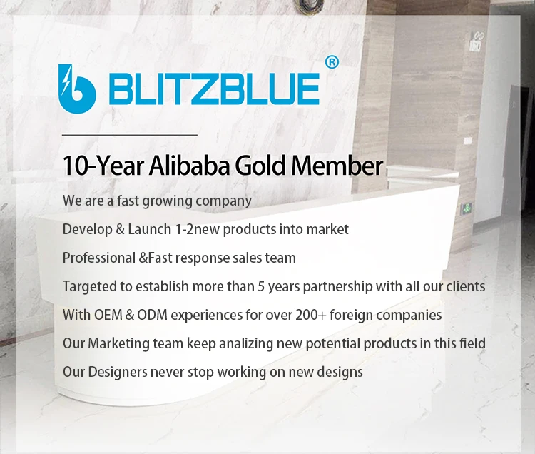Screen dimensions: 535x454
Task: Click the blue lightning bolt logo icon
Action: (x=77, y=89)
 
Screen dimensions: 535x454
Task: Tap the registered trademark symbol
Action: (x=332, y=62)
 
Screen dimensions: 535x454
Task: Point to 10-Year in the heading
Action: (x=103, y=166)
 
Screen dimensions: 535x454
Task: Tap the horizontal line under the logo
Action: (x=130, y=135)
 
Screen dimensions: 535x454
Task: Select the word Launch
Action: (x=150, y=229)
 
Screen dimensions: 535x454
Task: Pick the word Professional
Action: (x=99, y=258)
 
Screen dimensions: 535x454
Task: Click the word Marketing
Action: (x=118, y=344)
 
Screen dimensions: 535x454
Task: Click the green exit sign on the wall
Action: (x=467, y=208)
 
